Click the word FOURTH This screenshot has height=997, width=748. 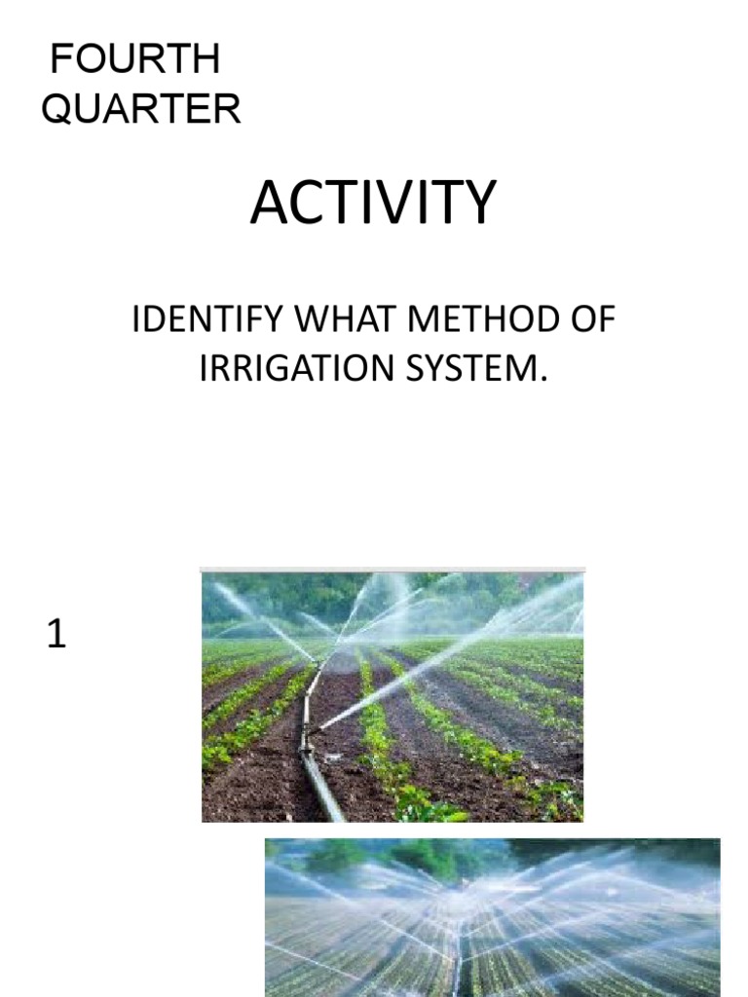(x=135, y=60)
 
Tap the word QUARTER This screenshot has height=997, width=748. (x=141, y=109)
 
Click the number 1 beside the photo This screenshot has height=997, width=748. (x=56, y=636)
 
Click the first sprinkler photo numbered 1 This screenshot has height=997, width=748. (x=392, y=696)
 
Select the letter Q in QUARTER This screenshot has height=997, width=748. (x=56, y=109)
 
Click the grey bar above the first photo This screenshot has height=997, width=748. (x=392, y=570)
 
